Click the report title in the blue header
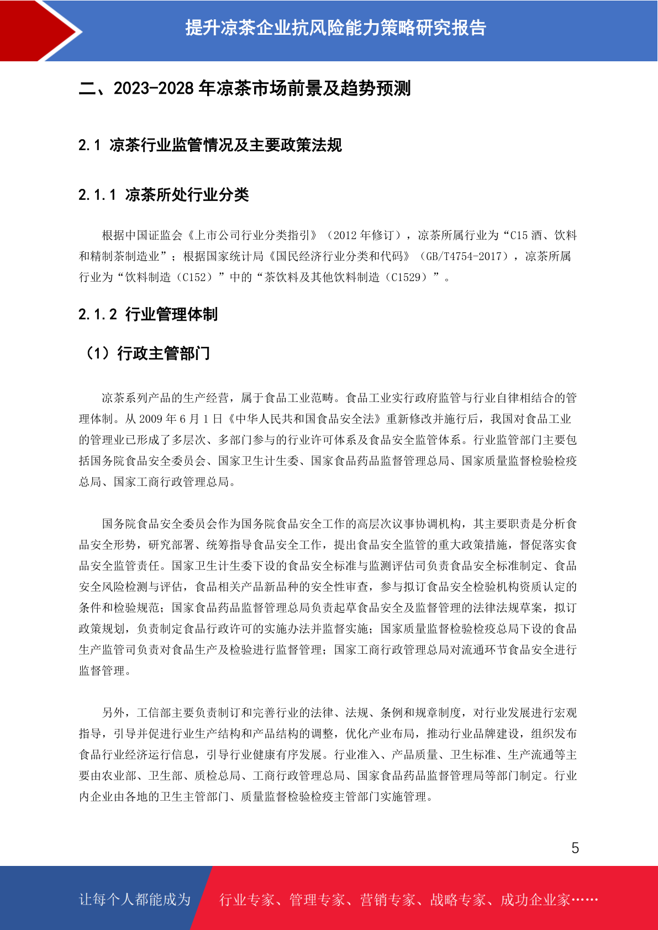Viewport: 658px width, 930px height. (x=335, y=28)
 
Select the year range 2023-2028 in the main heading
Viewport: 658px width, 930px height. (x=154, y=88)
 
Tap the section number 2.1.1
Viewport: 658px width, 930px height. (x=97, y=195)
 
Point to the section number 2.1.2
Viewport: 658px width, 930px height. (x=97, y=315)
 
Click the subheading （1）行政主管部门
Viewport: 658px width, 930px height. (x=146, y=353)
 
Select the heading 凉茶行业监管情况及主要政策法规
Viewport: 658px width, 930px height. (x=225, y=145)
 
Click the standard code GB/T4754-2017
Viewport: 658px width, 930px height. (x=466, y=256)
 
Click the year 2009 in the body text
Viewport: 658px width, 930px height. (x=150, y=419)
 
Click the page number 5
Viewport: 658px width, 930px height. (x=575, y=848)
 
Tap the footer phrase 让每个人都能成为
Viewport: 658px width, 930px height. (x=135, y=900)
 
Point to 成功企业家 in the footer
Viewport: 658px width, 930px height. (x=535, y=900)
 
